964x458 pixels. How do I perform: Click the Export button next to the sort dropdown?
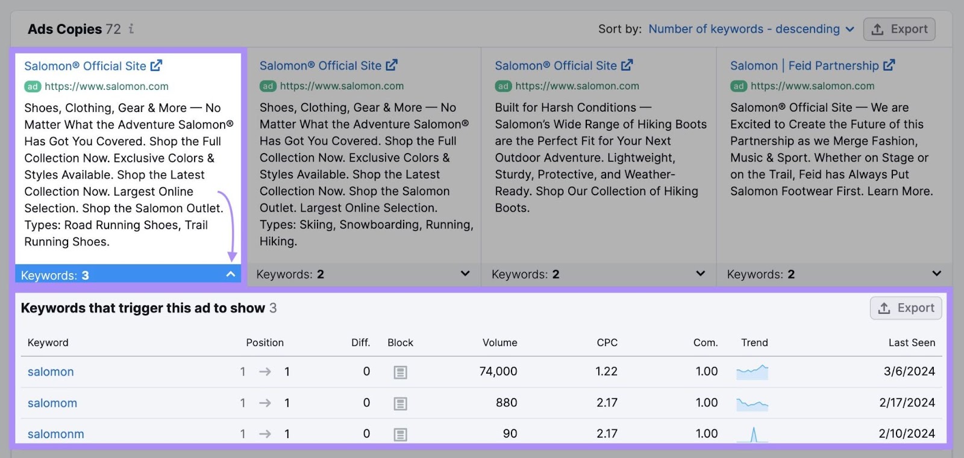(x=899, y=29)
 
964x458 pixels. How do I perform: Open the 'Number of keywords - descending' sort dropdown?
(x=751, y=29)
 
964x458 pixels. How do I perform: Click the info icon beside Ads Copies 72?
(x=131, y=28)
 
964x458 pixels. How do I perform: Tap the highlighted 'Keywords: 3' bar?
(x=127, y=275)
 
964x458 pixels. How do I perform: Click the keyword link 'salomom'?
(x=52, y=403)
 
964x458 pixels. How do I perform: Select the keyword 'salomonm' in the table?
(x=55, y=434)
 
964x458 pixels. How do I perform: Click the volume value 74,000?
(x=498, y=371)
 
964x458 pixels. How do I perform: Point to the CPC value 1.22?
(x=606, y=371)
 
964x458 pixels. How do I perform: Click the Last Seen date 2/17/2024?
(x=907, y=403)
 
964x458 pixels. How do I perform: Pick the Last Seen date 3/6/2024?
(x=909, y=371)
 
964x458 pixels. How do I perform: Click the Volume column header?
(x=499, y=342)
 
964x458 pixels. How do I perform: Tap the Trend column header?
(x=754, y=342)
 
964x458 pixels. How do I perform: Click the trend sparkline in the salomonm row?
(x=753, y=434)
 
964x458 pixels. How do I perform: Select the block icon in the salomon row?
(x=400, y=372)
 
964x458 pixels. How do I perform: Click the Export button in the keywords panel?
(x=906, y=308)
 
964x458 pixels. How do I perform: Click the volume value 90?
(x=510, y=434)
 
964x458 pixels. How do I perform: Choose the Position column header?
(x=264, y=342)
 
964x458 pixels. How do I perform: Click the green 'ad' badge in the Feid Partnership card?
(x=739, y=86)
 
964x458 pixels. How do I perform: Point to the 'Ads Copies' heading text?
(x=64, y=29)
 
